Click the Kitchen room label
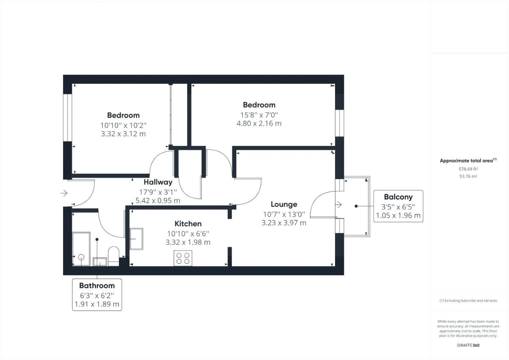(188, 224)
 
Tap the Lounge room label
(284, 204)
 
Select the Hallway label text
(158, 182)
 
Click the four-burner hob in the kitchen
(183, 258)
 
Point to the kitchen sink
(136, 239)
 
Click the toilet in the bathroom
(114, 256)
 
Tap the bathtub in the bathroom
(81, 249)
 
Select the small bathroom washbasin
(100, 262)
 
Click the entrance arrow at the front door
(64, 193)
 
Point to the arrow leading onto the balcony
(339, 205)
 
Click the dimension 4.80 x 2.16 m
(259, 124)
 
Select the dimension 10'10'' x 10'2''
(123, 126)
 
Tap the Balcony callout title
(398, 197)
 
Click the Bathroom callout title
(97, 286)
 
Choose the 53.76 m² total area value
(468, 176)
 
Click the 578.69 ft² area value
(468, 169)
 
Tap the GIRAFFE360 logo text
(468, 345)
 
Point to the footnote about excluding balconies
(468, 301)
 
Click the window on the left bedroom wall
(68, 117)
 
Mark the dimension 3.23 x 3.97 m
(284, 223)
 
